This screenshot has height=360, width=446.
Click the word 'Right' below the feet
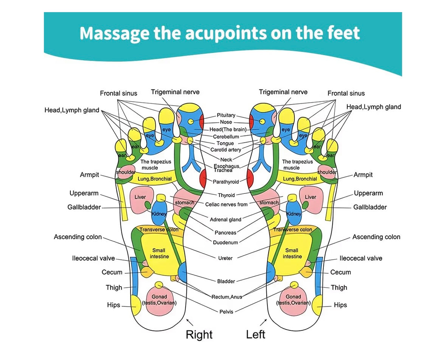coord(199,335)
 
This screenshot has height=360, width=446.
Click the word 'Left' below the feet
coord(256,335)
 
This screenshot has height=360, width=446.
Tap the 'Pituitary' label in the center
coord(226,115)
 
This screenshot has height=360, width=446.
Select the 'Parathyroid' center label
coord(226,182)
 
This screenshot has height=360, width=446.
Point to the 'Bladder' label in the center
coord(226,281)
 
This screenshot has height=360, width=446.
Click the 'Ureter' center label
coord(225,258)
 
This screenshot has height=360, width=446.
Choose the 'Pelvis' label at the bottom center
coord(226,312)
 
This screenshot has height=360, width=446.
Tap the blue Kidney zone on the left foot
coord(294,214)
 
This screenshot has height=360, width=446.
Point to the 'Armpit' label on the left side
coord(89,175)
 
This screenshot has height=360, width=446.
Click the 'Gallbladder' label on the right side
coord(370,207)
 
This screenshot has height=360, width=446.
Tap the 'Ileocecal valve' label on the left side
coord(93,259)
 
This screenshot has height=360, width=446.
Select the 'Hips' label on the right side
coord(340,305)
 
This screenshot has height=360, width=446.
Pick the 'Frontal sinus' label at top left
coord(118,93)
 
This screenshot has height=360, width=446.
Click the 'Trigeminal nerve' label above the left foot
coord(283,92)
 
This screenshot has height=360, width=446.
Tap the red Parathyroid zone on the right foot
coord(203,178)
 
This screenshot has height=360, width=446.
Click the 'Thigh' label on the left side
coord(114,288)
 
